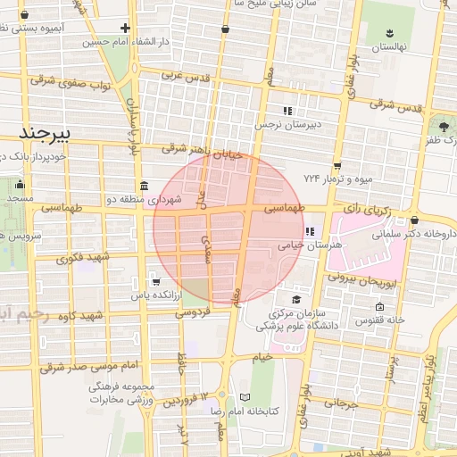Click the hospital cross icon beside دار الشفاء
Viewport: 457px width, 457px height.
pos(126,28)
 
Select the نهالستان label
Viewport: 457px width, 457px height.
pos(388,46)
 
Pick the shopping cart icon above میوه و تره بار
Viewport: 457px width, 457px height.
pos(337,166)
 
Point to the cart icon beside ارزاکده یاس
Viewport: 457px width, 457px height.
pos(157,279)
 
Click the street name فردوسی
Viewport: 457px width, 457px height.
pos(192,313)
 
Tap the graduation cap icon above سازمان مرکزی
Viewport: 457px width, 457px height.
pos(296,299)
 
